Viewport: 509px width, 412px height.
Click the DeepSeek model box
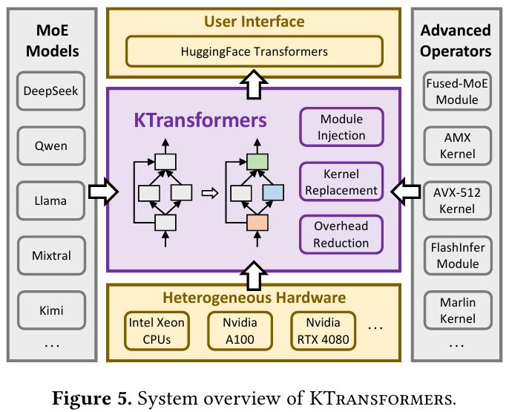tap(50, 91)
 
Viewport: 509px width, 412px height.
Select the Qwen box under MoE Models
tap(51, 145)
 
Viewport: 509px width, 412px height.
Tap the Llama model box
tap(50, 200)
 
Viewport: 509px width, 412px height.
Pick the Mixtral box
tap(51, 255)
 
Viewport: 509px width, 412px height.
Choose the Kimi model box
tap(51, 310)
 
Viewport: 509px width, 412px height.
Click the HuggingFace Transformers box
tap(254, 52)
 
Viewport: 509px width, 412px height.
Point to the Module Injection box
tap(341, 127)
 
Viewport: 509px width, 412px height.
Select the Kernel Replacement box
tap(341, 182)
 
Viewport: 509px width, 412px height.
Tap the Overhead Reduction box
tap(341, 235)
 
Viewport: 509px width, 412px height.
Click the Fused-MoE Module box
tap(457, 91)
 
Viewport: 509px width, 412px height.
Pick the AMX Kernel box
tap(457, 145)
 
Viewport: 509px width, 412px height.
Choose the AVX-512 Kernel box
tap(457, 200)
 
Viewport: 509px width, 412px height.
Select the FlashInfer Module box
tap(458, 255)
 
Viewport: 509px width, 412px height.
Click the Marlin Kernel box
tap(458, 310)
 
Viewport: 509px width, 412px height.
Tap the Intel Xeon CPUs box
tap(157, 331)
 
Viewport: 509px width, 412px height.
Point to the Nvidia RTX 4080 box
tap(323, 331)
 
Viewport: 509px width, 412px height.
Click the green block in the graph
tap(257, 162)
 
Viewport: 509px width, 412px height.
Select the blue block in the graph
tap(273, 193)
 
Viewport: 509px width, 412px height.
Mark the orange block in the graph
tap(257, 223)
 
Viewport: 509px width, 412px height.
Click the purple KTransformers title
tap(200, 120)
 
